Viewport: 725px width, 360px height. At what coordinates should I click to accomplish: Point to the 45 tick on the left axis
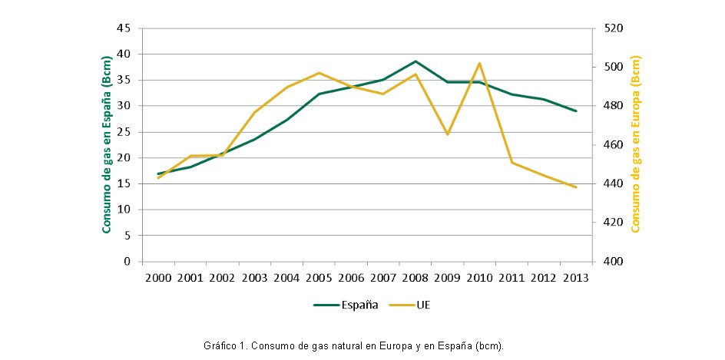click(x=124, y=28)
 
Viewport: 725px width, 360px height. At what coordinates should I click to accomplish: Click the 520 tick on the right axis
click(x=610, y=28)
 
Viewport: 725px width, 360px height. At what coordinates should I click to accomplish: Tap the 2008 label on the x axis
click(x=415, y=278)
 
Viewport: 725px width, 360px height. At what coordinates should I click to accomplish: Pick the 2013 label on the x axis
click(x=575, y=278)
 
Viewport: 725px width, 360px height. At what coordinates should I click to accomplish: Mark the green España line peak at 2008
click(x=415, y=61)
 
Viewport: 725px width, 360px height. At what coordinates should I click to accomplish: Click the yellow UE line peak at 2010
click(x=479, y=63)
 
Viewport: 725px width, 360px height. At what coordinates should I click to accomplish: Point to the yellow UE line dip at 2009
click(x=447, y=134)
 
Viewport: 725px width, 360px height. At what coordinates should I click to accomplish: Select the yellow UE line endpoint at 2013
click(x=576, y=187)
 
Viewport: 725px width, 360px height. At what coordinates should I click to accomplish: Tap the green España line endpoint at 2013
click(x=576, y=111)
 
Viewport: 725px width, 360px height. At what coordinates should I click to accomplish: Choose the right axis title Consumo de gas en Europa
click(x=635, y=144)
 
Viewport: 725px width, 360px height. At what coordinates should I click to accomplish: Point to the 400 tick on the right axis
click(x=610, y=262)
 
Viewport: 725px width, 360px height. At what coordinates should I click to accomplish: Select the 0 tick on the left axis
click(x=127, y=262)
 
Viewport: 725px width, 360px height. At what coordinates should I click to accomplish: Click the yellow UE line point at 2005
click(x=319, y=73)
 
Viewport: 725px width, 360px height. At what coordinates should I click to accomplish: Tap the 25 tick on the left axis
click(x=124, y=132)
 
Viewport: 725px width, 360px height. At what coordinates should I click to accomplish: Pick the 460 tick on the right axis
click(x=610, y=145)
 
